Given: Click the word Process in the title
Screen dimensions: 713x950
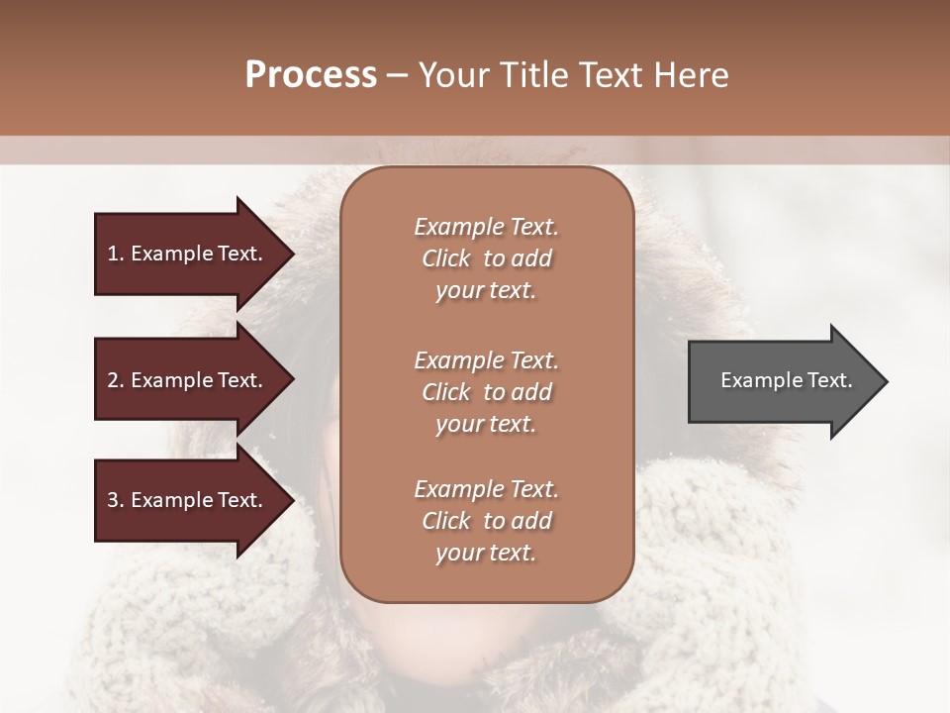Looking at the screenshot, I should (x=311, y=75).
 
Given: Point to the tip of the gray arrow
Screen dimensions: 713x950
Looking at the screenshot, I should (x=885, y=381).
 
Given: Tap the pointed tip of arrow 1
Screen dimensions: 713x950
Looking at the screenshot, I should (x=291, y=254).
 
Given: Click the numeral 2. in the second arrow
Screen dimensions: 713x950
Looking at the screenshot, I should (x=116, y=380).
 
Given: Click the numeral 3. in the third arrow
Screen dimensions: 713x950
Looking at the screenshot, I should (x=116, y=500).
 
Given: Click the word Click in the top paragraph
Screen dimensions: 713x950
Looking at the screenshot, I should (x=446, y=259).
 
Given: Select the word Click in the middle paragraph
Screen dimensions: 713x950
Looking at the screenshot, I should (x=446, y=392).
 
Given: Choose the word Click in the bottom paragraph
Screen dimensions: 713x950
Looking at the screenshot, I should (x=446, y=521).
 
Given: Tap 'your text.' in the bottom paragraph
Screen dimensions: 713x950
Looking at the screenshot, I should (x=486, y=554).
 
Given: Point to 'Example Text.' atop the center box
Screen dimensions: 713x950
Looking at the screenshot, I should (x=486, y=227).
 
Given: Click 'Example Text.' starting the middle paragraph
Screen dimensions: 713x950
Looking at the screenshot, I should (x=486, y=359).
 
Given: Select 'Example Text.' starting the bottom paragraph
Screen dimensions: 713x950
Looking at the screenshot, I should (x=486, y=489).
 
